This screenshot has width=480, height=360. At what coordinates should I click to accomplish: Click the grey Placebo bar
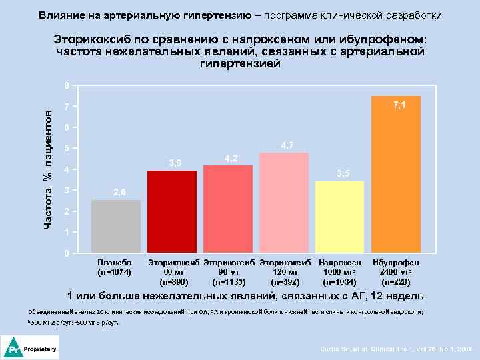click(116, 227)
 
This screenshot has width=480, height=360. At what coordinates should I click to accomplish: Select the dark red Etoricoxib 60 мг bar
click(172, 212)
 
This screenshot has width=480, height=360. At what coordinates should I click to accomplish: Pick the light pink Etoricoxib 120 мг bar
click(284, 203)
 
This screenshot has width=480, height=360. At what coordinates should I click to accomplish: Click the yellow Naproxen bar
click(340, 217)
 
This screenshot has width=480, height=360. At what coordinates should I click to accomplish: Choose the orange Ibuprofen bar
click(396, 175)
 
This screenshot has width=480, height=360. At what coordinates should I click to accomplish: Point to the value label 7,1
click(400, 105)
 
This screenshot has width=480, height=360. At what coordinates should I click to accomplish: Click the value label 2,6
click(119, 193)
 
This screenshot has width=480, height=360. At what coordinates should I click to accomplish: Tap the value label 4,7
click(287, 145)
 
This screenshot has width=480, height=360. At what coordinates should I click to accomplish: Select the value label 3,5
click(343, 174)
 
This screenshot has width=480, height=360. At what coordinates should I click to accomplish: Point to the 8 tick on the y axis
click(65, 86)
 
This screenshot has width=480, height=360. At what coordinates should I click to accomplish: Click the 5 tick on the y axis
click(65, 149)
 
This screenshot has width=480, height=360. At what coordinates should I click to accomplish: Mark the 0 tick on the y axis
click(65, 254)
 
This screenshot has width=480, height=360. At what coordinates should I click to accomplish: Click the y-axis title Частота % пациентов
click(48, 169)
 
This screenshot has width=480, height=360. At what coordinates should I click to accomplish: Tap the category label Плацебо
click(115, 263)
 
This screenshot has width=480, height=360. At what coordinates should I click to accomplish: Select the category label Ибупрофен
click(396, 263)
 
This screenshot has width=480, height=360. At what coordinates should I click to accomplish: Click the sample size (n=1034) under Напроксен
click(339, 281)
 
